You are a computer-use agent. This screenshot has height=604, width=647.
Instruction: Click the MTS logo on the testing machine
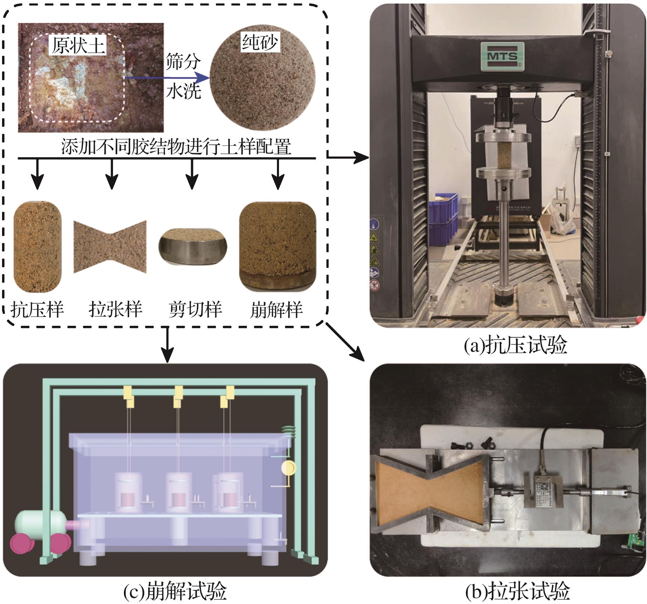[x=502, y=57]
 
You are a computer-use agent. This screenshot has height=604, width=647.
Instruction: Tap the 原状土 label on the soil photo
[x=78, y=45]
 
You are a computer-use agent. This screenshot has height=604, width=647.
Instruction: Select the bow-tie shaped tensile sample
[x=110, y=247]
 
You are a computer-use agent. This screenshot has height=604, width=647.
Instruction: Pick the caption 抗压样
[x=37, y=310]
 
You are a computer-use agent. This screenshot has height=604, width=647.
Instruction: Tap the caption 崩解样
[x=277, y=310]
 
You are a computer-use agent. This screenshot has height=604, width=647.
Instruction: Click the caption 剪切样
[x=195, y=310]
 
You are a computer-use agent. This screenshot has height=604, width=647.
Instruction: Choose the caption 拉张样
[x=115, y=310]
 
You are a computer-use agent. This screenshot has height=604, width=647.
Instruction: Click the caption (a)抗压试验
[x=516, y=345]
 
